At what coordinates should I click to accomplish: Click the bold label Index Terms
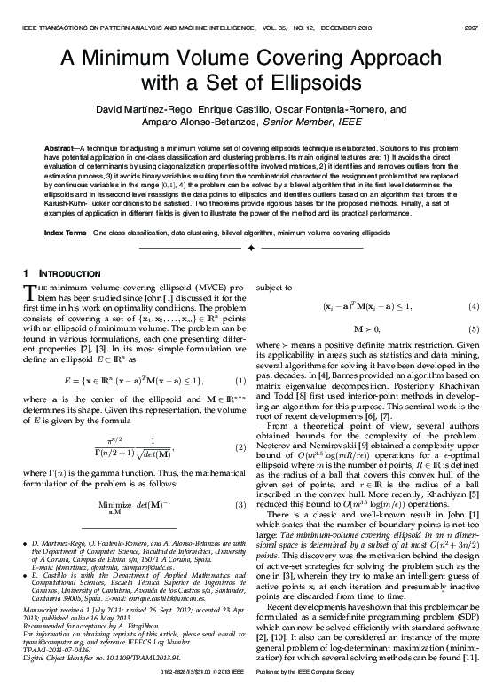67,231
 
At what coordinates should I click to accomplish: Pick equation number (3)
240,505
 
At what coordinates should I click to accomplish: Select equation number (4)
475,307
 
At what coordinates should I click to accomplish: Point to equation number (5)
475,329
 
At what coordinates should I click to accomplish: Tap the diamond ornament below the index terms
251,249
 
